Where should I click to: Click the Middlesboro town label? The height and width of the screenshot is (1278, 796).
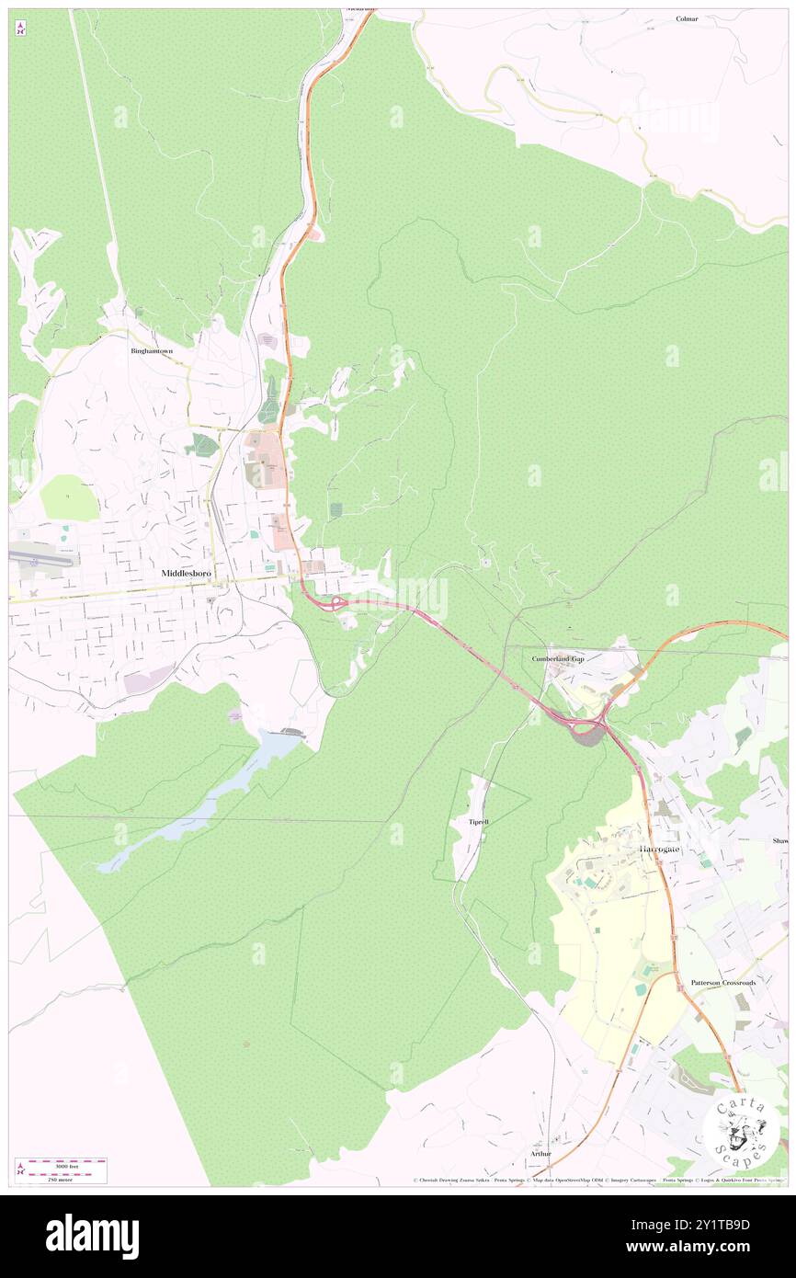pos(186,573)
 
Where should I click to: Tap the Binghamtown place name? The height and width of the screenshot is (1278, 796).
pos(151,350)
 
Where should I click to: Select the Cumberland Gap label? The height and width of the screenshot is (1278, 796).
pos(558,659)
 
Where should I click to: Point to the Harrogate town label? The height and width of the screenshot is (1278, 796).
pos(660,849)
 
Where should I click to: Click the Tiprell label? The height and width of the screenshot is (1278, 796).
pos(478,821)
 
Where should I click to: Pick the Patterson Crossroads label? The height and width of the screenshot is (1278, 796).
pos(723,983)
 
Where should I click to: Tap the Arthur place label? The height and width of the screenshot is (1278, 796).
pos(540,1153)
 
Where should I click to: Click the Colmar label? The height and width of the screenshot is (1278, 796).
pos(687,18)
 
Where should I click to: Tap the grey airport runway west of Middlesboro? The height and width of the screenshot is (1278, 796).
pos(42,557)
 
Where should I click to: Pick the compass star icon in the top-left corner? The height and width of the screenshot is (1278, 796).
pos(20,29)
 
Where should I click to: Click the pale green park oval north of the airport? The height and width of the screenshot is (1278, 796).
pos(69,497)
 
